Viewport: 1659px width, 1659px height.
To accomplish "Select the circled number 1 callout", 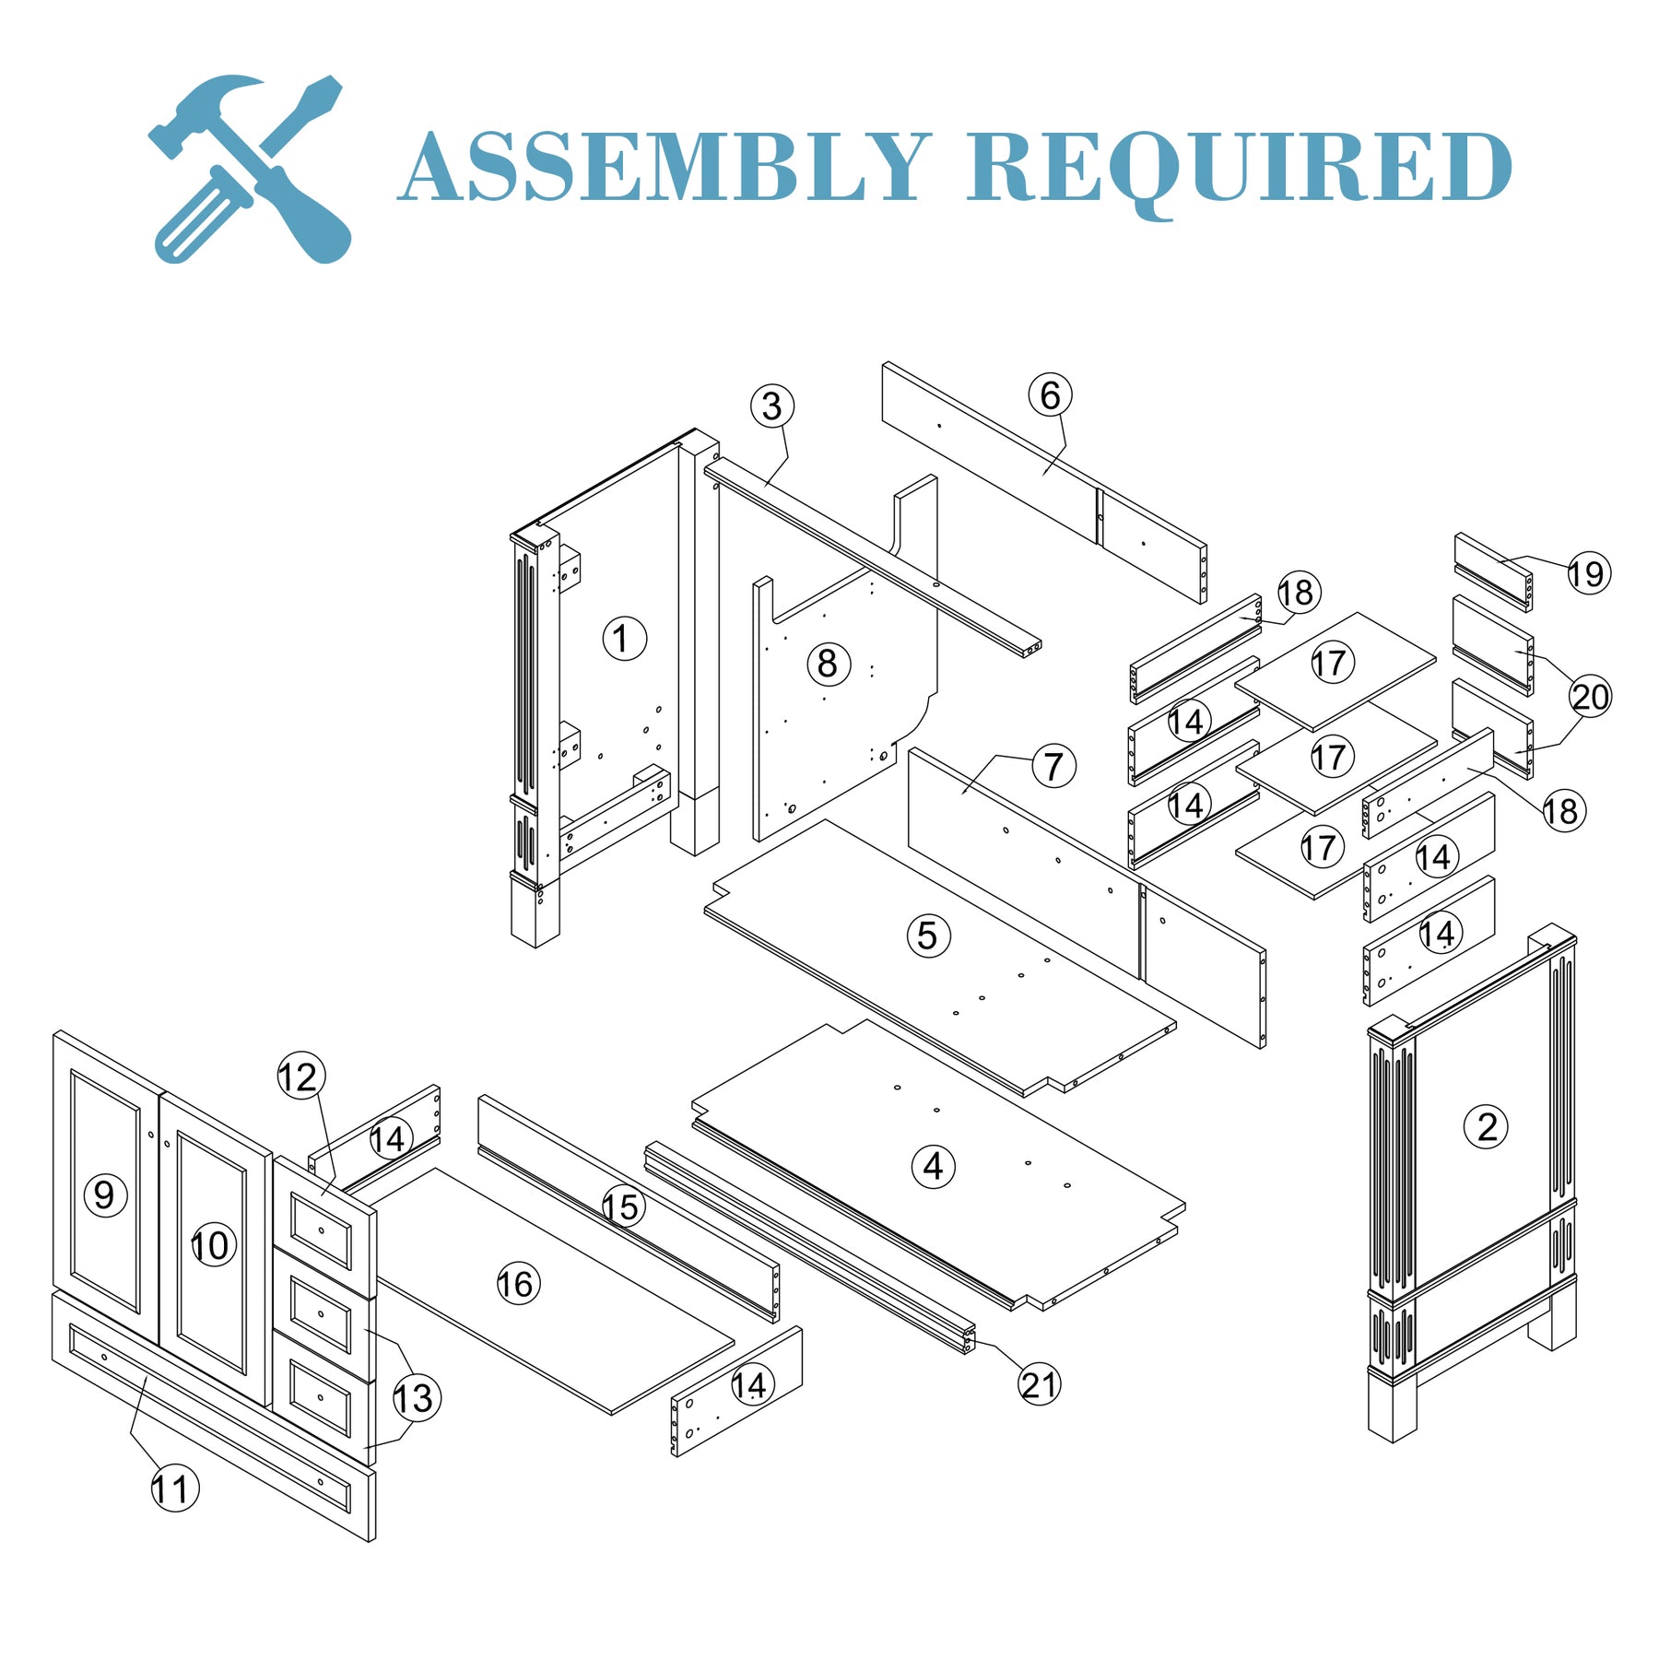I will coord(624,638).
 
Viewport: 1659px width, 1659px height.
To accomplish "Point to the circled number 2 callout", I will coord(1486,1126).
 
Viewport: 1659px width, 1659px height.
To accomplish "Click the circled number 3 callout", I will coord(771,406).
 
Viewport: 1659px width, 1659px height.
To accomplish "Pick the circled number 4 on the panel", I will coord(933,1166).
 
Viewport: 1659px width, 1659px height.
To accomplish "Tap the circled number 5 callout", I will coord(927,935).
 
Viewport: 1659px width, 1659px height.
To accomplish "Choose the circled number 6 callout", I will coord(1050,395).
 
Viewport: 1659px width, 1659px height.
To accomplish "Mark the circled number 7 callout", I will coord(1053,766).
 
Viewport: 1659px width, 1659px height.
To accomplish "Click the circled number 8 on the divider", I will coord(828,664).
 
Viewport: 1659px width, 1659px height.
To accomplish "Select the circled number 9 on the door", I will coord(105,1194).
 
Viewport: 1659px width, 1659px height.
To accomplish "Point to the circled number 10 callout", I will coord(212,1246).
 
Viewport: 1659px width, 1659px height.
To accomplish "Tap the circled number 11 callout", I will coord(173,1488).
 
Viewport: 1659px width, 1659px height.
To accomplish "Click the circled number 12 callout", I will coord(300,1077).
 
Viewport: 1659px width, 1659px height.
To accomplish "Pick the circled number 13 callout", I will coord(416,1398).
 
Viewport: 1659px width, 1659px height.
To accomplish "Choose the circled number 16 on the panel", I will coord(517,1283).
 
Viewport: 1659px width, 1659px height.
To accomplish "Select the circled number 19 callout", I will coord(1588,573).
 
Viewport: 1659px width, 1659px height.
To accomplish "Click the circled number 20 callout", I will coord(1590,696).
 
